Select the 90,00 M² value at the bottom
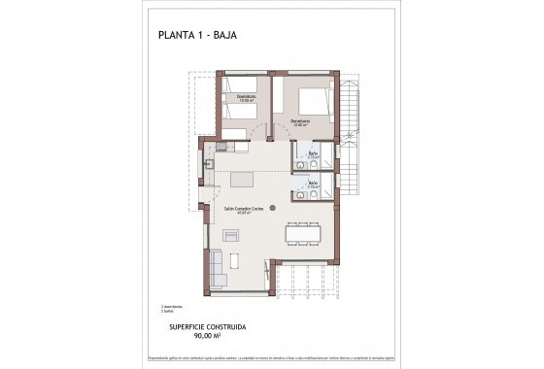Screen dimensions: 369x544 (x=209, y=337)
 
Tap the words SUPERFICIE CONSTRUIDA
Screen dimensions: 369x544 (x=209, y=328)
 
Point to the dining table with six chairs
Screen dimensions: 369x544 (x=304, y=233)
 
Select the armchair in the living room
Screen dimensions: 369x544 (x=231, y=236)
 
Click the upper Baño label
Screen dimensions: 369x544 (x=314, y=154)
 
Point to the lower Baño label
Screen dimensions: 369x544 (x=314, y=183)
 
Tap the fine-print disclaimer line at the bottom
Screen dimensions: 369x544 (x=271, y=359)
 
